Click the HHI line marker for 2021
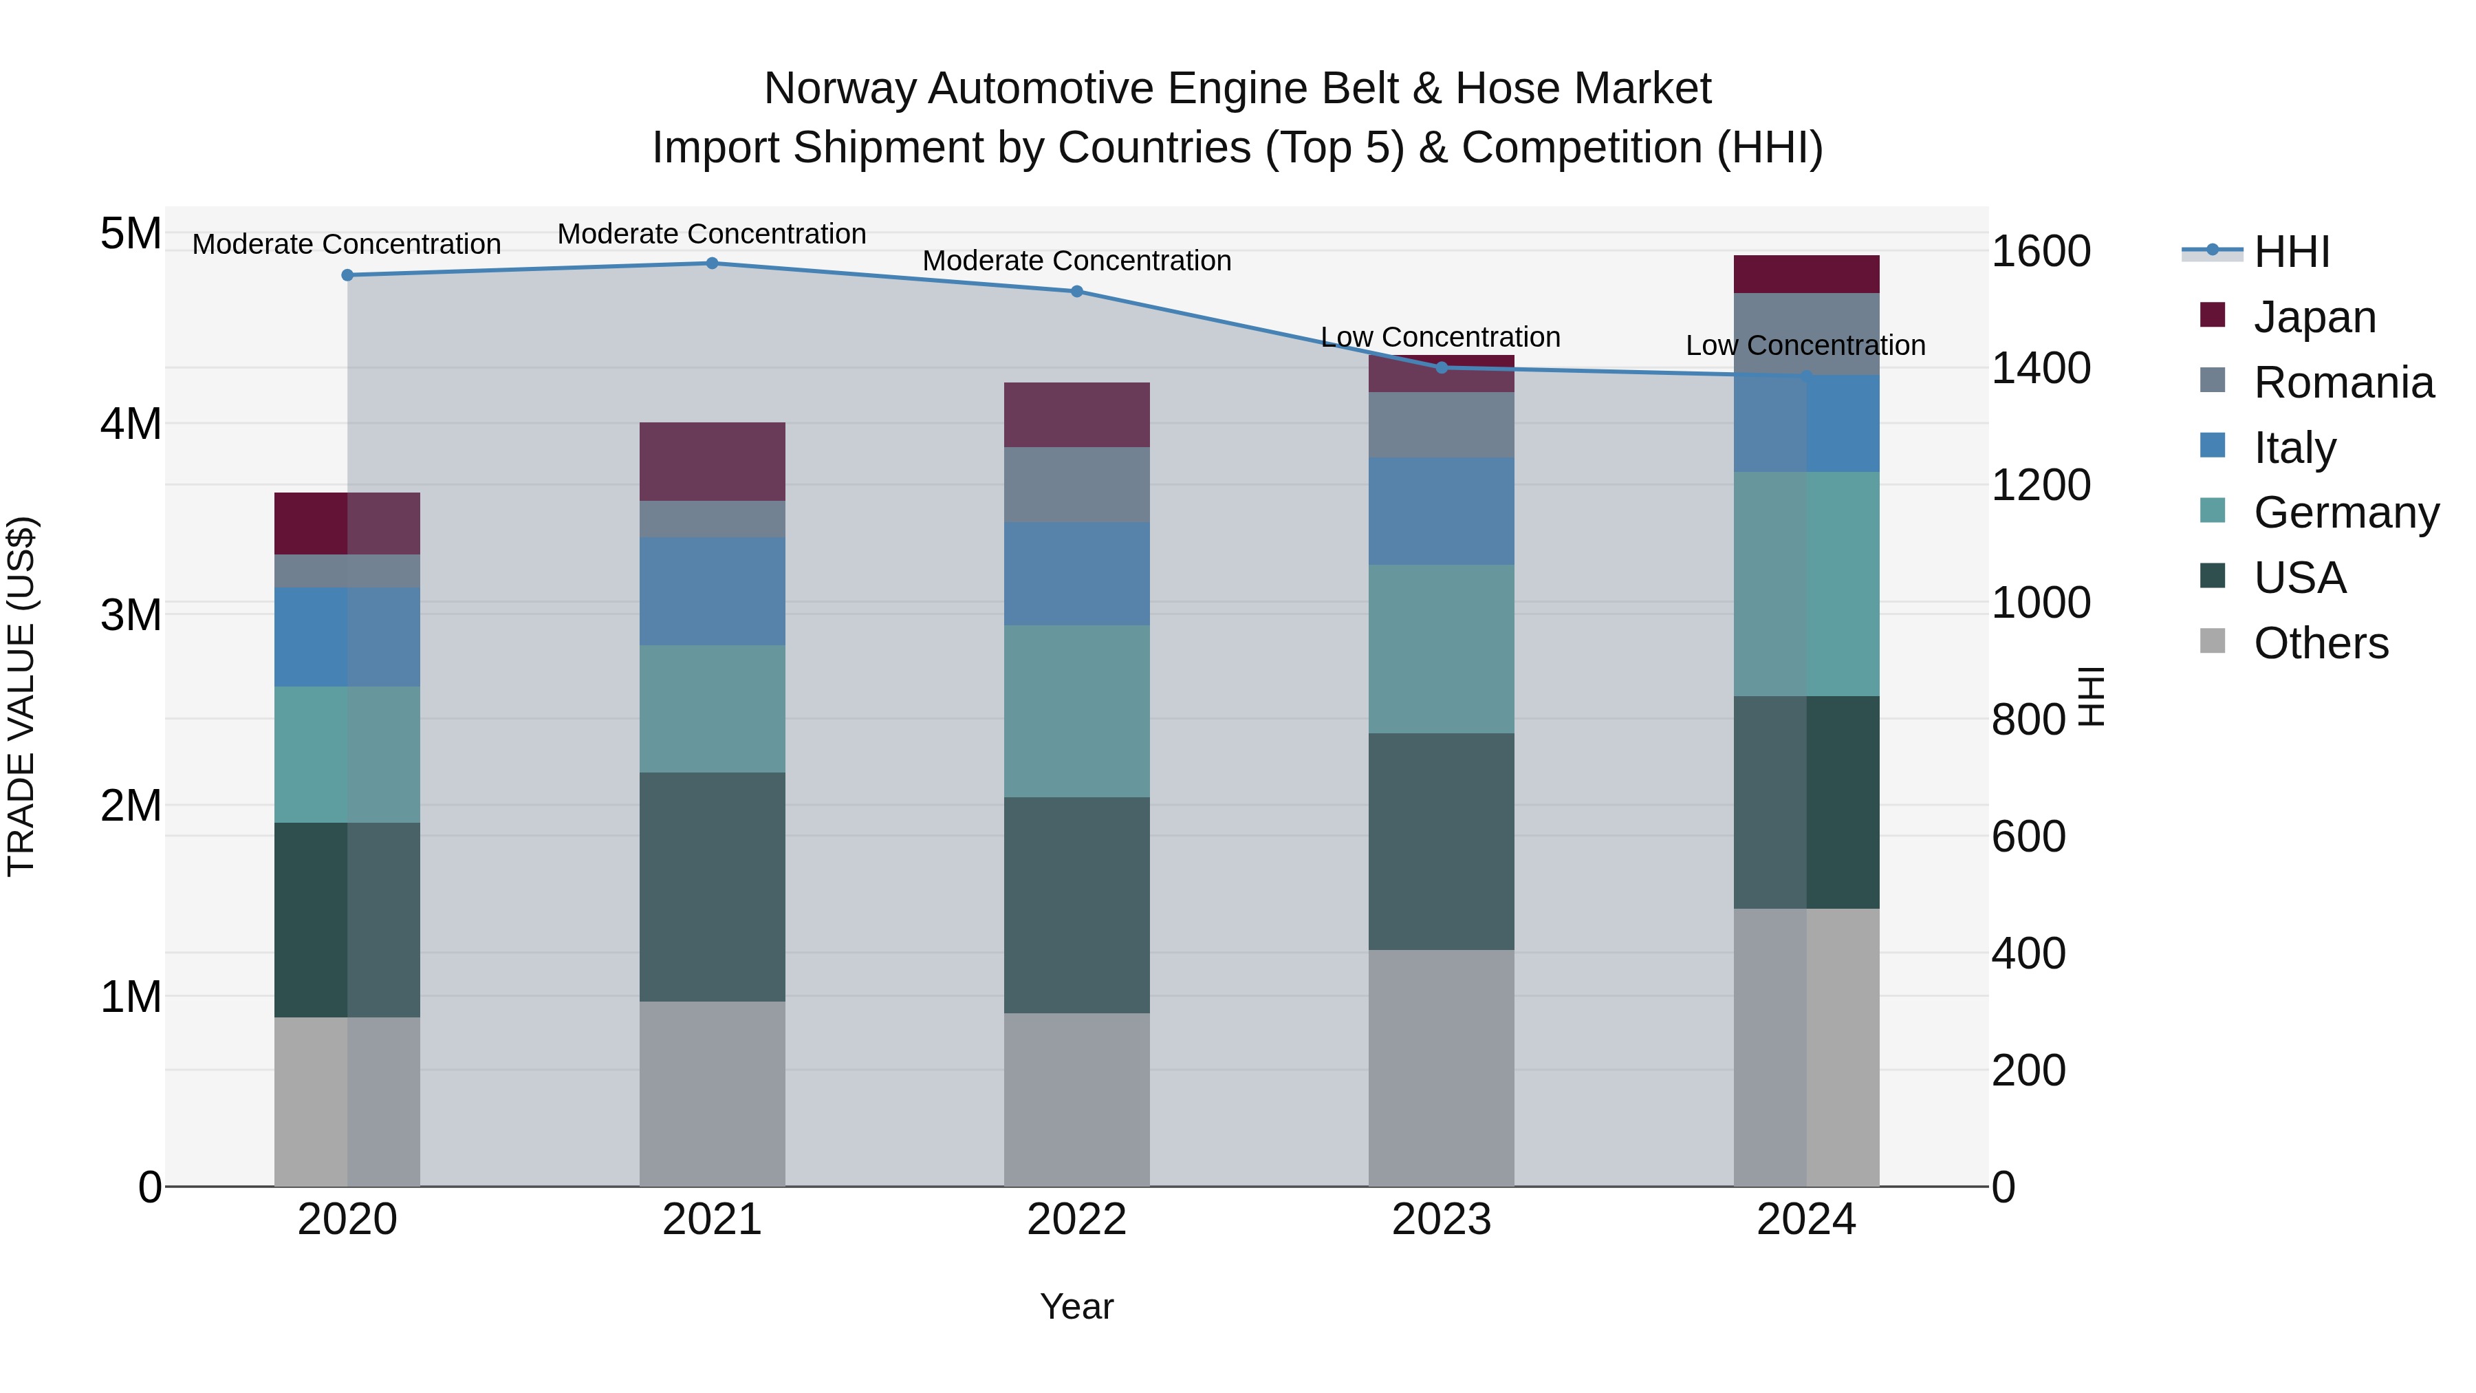pos(713,263)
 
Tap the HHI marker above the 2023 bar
pos(1441,368)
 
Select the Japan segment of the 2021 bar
pos(713,462)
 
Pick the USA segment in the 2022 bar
pos(1076,905)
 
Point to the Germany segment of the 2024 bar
pos(1806,583)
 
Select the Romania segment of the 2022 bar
pos(1076,484)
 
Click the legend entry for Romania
pos(2343,382)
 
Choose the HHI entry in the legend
pos(2292,252)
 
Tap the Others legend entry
pos(2321,643)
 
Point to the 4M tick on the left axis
pos(131,424)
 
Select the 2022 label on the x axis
pos(1076,1220)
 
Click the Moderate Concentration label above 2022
pos(1076,261)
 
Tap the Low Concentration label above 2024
pos(1805,345)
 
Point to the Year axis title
pos(1076,1306)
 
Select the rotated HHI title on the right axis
pos(2092,696)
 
